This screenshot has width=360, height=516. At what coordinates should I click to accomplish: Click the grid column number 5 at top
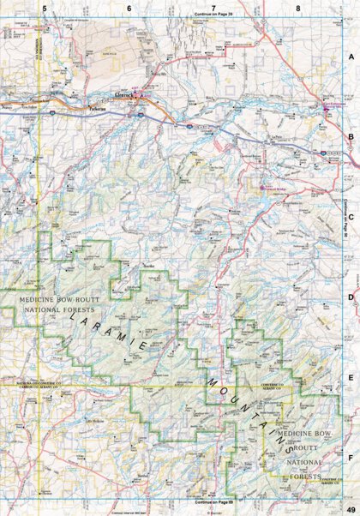pyautogui.click(x=43, y=7)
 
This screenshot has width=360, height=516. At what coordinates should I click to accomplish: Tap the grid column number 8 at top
pyautogui.click(x=297, y=7)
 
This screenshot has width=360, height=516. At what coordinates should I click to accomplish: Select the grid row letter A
pyautogui.click(x=350, y=57)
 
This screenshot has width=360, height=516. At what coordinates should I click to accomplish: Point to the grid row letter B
pyautogui.click(x=350, y=135)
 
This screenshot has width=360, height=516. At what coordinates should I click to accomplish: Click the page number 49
pyautogui.click(x=349, y=507)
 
